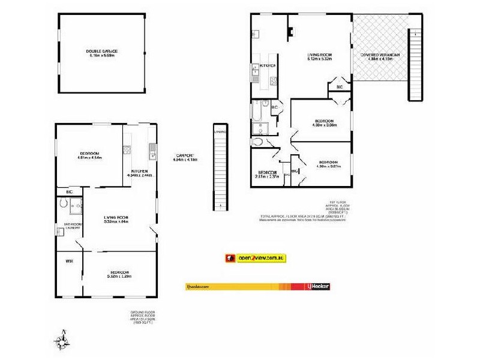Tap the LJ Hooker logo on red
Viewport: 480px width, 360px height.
318,287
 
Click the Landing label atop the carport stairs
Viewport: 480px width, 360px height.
221,131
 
